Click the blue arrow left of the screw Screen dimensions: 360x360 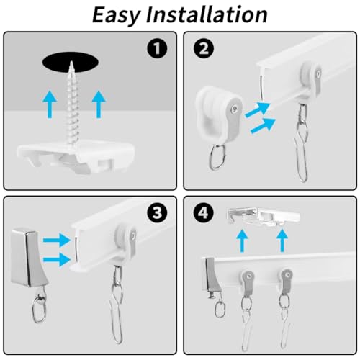(48, 105)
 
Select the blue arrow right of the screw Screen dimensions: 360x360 (98, 105)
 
